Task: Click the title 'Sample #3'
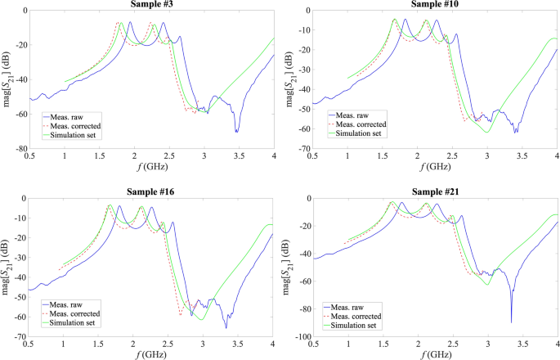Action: (151, 4)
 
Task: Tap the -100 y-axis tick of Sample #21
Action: (299, 337)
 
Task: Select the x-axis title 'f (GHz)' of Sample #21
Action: (435, 355)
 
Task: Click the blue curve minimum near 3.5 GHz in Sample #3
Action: (236, 132)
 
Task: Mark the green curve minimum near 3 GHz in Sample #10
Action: (487, 132)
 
